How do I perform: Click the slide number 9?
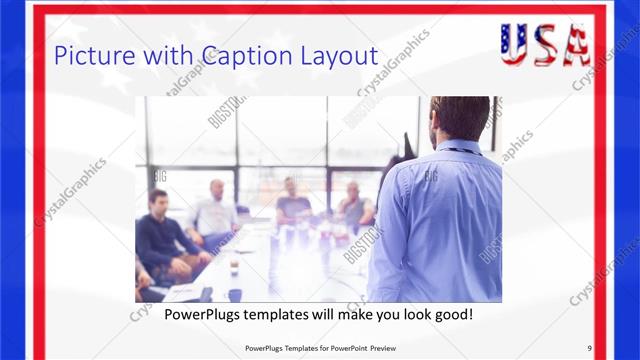[x=590, y=347]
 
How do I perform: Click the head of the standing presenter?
[x=459, y=118]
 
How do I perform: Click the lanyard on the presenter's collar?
[x=462, y=150]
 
